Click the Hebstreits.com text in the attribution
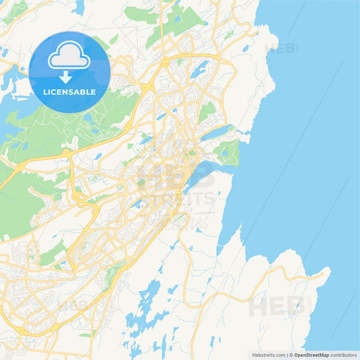click(x=268, y=355)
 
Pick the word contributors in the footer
click(x=345, y=355)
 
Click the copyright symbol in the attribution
click(x=290, y=355)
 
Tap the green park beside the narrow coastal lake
click(x=230, y=152)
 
